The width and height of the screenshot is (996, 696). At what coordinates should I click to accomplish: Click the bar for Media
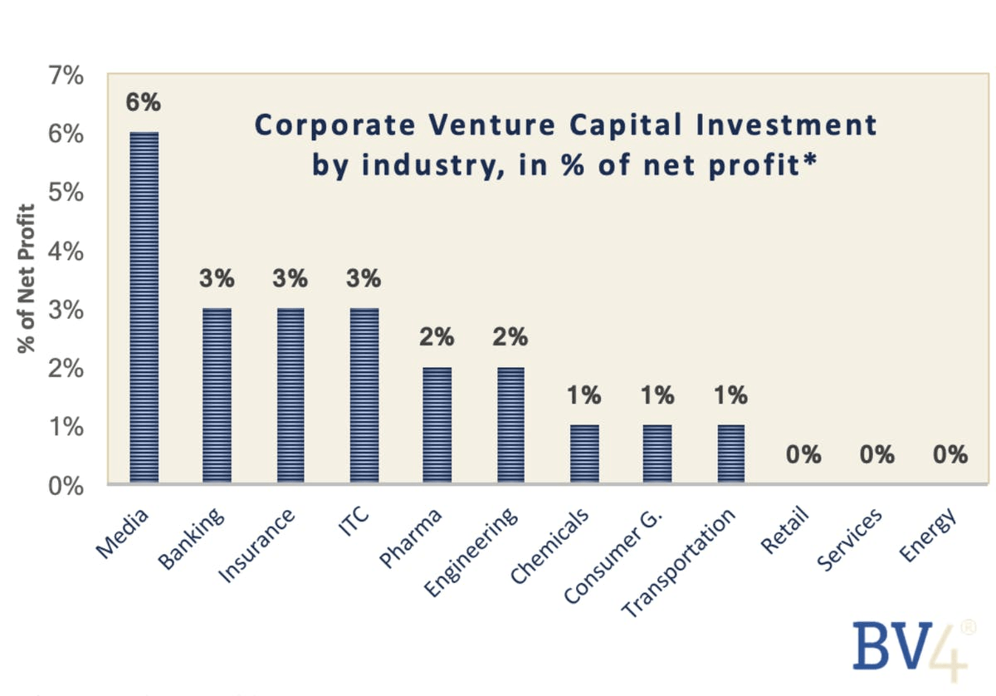coord(144,307)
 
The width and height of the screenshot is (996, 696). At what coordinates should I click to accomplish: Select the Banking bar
coord(217,395)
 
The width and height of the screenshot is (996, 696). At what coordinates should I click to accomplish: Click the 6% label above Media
coord(144,103)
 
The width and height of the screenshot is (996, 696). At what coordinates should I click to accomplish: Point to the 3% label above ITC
coord(364,279)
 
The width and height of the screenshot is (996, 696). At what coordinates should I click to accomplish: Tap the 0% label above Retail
coord(803,455)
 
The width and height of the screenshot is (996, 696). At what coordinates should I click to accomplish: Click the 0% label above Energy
coord(950,455)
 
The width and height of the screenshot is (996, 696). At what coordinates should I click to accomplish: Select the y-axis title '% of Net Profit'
coord(27,278)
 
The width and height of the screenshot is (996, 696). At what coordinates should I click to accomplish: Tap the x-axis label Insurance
coord(257,546)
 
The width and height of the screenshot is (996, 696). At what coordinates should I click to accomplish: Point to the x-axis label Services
coord(848,540)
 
